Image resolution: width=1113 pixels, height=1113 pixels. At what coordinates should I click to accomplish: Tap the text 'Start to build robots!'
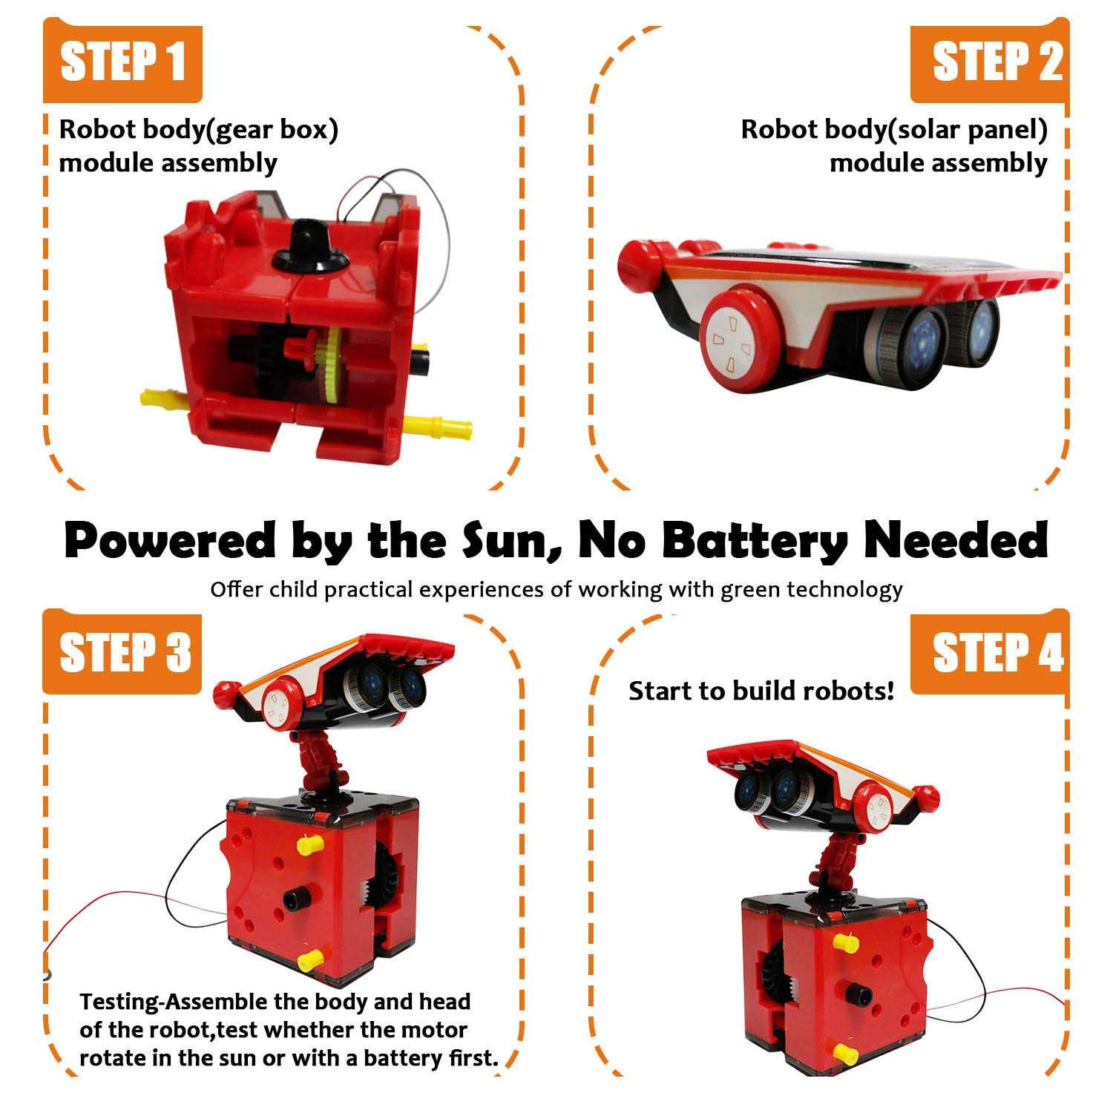point(761,691)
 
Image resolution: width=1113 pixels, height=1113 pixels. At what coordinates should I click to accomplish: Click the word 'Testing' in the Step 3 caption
point(119,1002)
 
